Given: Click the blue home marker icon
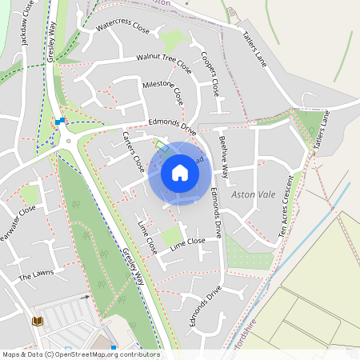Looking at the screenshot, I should pos(180,173).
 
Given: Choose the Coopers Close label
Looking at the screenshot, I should pos(210,74).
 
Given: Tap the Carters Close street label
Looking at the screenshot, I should pos(133,153).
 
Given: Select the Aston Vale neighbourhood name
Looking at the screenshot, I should pos(253,194).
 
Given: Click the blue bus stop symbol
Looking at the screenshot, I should pos(60,121).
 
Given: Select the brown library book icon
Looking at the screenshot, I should pos(36,321).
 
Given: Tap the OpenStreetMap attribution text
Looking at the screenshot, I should pos(80,354).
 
